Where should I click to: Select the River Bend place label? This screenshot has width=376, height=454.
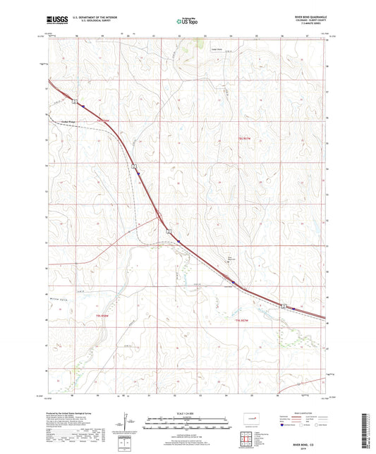pyautogui.click(x=210, y=257)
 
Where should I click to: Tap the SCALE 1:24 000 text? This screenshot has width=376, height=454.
pyautogui.click(x=188, y=412)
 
